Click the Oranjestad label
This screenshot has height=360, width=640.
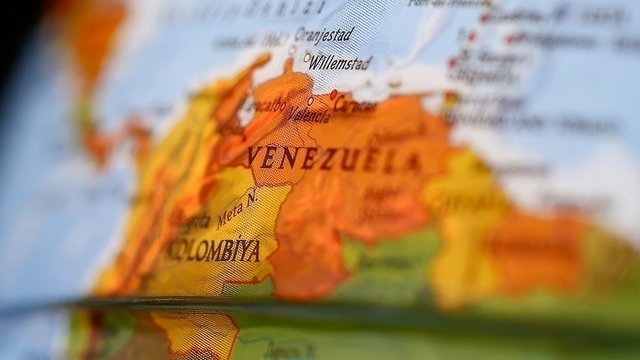coord(324,35)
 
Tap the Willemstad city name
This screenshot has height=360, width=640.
coord(340,63)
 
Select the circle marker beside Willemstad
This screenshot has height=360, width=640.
coord(307,57)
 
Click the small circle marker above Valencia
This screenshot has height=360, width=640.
coord(310,101)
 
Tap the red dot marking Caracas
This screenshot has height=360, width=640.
coord(333,94)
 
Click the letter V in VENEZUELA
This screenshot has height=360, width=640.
coord(254,156)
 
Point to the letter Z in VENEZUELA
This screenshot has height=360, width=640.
coord(328,159)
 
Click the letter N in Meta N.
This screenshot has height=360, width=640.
coord(251,197)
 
